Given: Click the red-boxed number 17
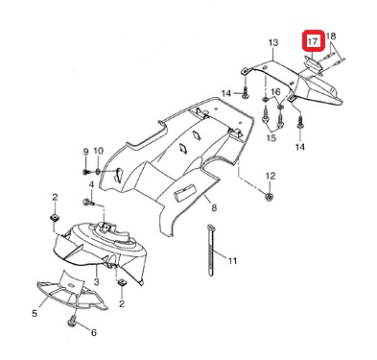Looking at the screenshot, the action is [313, 41].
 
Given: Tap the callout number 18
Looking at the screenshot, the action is [331, 36].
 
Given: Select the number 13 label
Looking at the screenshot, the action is [273, 42].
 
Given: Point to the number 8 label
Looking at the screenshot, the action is [214, 208].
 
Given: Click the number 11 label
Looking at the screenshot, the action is [232, 261].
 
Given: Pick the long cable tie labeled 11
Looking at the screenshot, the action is [210, 251].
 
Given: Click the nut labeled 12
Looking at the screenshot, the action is [270, 197].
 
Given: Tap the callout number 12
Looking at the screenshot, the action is [271, 176].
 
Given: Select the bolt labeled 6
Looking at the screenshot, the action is [72, 321].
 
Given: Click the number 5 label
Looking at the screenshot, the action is [35, 313].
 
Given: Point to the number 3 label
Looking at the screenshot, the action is [97, 281].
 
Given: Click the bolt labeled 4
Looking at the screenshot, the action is [88, 203].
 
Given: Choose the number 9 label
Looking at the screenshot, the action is [85, 152].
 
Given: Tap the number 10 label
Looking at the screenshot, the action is [98, 151].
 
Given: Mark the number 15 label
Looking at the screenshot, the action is [271, 138].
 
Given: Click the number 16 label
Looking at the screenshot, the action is [275, 92].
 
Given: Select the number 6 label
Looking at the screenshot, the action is [94, 333].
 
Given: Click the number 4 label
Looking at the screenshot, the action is [91, 184].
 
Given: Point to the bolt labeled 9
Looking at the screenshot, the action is [85, 173].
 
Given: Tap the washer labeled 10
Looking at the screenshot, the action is [98, 173].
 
